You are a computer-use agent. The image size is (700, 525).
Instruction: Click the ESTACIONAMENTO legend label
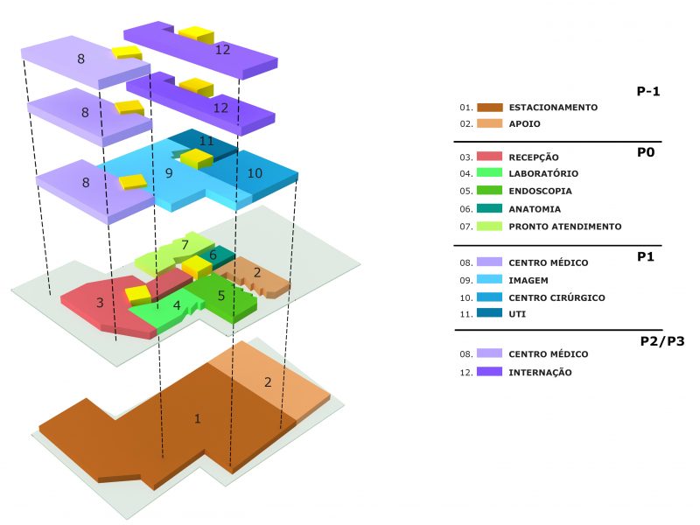coord(553,107)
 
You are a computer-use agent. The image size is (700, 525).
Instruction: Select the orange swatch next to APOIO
coord(490,123)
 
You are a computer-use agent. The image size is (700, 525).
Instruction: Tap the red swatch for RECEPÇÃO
coord(490,157)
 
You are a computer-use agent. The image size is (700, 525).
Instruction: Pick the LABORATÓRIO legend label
coord(543,173)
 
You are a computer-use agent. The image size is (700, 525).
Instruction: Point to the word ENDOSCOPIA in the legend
coord(540,191)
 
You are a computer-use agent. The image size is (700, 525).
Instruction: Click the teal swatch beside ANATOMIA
coord(490,208)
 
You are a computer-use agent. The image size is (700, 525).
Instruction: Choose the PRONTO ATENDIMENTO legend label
coord(565,227)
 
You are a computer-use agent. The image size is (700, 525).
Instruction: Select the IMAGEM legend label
coord(528,280)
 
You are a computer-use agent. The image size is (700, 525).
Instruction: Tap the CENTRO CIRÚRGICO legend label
coord(557,297)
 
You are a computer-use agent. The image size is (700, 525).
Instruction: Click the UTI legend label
coord(517,314)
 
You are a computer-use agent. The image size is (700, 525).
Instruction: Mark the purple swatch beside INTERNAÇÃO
coord(490,371)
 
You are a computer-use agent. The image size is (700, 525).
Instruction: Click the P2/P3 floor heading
coord(662,341)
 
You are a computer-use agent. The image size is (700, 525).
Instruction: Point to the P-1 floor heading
coord(648,91)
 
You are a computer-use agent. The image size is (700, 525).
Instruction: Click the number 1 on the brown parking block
coord(198,419)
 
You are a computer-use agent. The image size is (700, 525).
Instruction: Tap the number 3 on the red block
coord(100,303)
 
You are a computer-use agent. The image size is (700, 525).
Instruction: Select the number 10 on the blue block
coord(255,173)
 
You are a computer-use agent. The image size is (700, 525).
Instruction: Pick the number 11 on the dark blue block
coord(206,141)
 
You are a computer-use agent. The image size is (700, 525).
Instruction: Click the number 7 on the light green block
coord(185,245)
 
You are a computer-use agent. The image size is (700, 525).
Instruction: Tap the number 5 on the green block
coord(221,296)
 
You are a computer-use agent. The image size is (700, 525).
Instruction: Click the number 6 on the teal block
coord(213,255)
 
